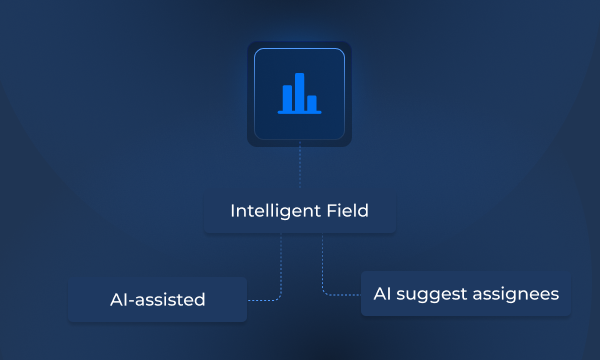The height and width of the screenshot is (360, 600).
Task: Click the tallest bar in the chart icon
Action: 299,91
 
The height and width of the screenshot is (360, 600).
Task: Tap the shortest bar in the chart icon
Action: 312,102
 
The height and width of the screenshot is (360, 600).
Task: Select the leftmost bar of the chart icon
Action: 287,97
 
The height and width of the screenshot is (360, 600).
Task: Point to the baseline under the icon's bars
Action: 299,113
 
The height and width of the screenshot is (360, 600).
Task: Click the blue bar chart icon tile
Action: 299,94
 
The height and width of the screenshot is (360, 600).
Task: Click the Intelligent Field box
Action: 299,212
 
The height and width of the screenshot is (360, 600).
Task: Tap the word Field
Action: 349,212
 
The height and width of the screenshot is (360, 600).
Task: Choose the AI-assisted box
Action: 157,299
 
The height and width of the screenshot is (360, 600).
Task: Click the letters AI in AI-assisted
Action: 118,299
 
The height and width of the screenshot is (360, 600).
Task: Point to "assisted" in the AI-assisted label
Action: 172,299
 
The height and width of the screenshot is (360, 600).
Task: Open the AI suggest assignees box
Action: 466,295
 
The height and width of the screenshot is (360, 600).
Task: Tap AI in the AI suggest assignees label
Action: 382,295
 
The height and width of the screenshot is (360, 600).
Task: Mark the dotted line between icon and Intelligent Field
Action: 299,167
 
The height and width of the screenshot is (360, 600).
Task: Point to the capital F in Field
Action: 333,212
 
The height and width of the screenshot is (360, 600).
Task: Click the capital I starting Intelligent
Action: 232,212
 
